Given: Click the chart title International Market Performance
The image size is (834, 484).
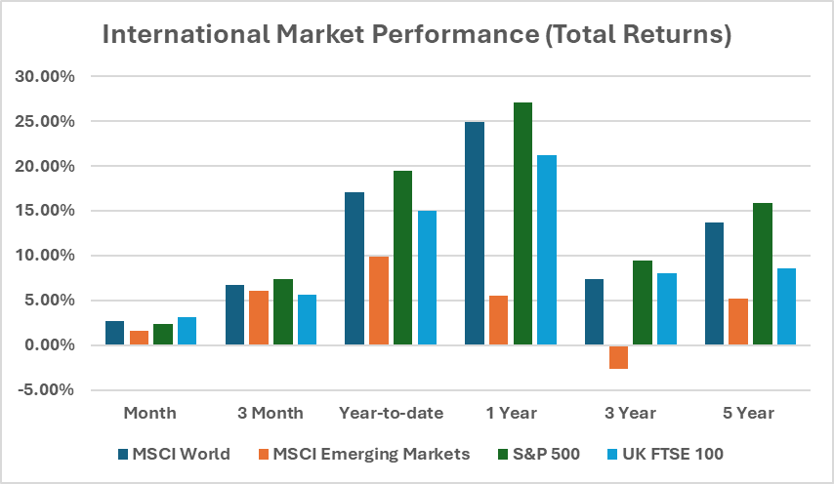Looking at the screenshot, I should (x=417, y=36).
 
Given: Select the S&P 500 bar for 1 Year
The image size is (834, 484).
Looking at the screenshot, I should (x=522, y=223).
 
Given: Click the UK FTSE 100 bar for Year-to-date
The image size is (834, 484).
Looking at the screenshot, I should (x=427, y=278).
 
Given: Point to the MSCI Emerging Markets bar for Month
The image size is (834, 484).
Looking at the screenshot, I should (x=139, y=338).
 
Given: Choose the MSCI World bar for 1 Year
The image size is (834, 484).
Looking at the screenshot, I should (x=475, y=233).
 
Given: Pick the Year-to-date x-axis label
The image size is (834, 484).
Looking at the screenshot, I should (x=392, y=413).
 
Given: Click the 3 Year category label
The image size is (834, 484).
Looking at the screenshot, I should (x=630, y=413).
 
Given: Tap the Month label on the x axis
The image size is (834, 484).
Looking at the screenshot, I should (x=150, y=413).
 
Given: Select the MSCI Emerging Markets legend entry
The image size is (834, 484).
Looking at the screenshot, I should (x=370, y=454).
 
